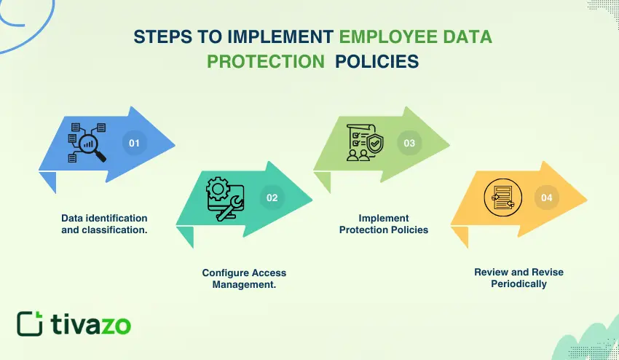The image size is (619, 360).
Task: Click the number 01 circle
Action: (x=134, y=143)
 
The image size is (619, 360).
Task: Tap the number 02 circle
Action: (x=272, y=197)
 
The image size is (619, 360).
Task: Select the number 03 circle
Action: (x=409, y=143)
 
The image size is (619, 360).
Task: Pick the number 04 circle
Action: (x=547, y=197)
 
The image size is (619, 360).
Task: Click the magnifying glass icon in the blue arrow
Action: (x=92, y=147)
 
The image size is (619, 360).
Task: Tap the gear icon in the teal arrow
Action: (x=218, y=189)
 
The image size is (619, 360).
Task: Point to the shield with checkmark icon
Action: (x=374, y=143)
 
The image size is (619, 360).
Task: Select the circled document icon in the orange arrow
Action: (x=503, y=197)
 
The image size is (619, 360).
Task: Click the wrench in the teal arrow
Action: (x=230, y=208)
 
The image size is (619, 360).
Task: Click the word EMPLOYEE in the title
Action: (x=388, y=36)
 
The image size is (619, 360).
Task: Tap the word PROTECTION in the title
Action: (x=266, y=62)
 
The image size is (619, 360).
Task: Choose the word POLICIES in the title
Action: (x=377, y=62)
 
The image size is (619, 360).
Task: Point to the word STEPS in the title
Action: (x=162, y=36)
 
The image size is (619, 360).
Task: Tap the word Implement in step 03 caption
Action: (x=384, y=218)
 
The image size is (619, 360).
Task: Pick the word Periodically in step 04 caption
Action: (x=519, y=283)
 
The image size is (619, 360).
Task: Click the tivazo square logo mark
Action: (x=30, y=324)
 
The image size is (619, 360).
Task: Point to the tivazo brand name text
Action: (x=91, y=324)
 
